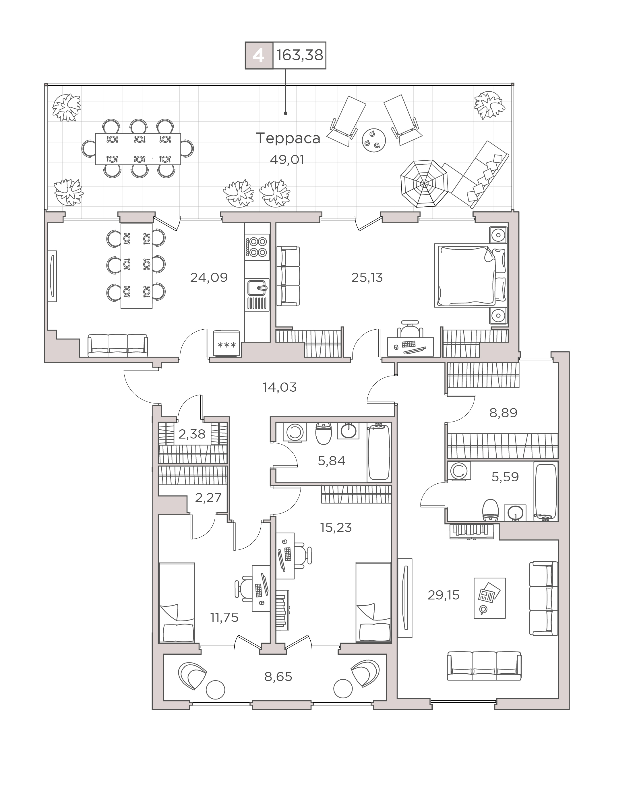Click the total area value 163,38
coord(300,55)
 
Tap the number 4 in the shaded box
coord(259,56)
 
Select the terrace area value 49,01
coord(287,160)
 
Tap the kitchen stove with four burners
coord(257,247)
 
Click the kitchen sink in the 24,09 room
coord(257,288)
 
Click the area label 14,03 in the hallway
coord(280,387)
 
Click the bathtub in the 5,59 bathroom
coord(546,491)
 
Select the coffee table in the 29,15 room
coord(490,598)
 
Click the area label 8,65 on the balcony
coord(278,677)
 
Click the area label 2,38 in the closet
coord(192,434)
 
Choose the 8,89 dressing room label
coord(503,413)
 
